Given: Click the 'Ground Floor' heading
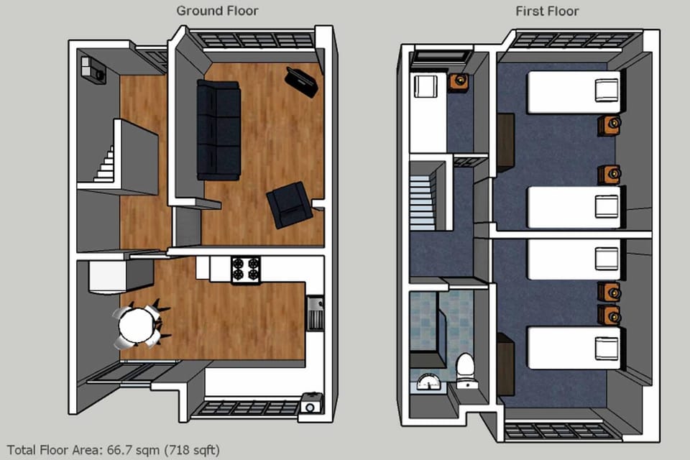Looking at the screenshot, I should coord(217,11).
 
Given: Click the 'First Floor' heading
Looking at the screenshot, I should coord(547,11).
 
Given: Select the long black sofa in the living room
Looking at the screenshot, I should coord(218,129).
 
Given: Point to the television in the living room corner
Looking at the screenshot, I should coord(303,80).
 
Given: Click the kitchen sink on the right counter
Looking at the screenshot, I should coord(315,313).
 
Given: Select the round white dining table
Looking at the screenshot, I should coord(137,326).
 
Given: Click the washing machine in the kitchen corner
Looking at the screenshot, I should coord(310,404).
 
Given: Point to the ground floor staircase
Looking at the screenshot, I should coord(105,165).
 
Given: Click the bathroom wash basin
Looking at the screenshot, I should coord(430,382).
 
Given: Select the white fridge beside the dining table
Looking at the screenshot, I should coord(107,277).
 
